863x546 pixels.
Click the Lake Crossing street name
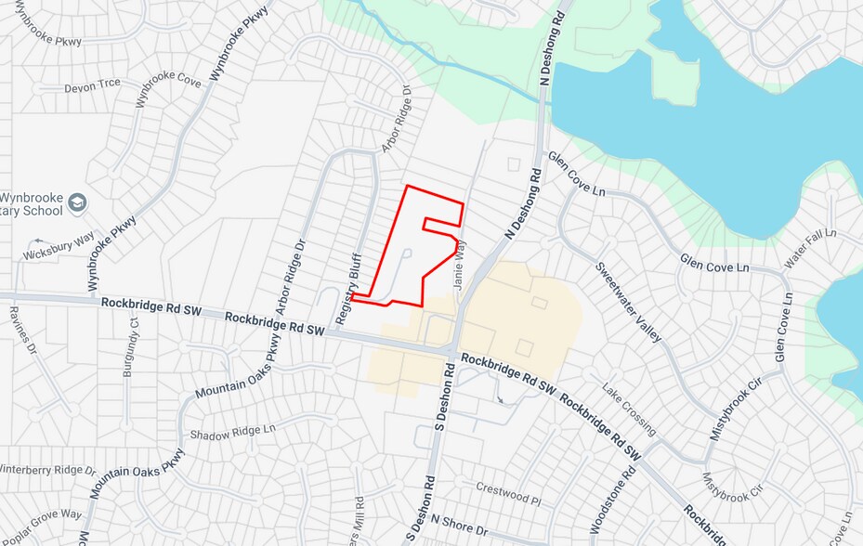629,409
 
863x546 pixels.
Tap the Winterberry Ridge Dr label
46,469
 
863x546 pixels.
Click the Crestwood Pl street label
507,492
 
